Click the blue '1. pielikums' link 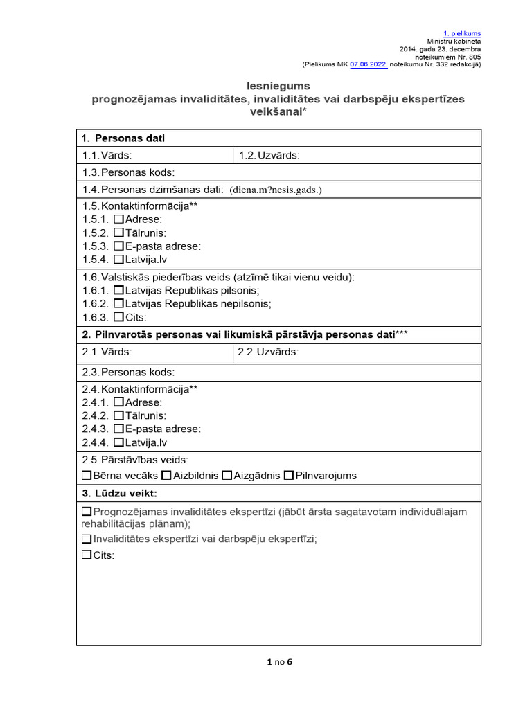pos(462,33)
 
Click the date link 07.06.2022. pos(369,64)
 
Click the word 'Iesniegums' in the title pos(278,86)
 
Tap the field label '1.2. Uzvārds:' pos(269,155)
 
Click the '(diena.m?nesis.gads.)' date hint pos(276,190)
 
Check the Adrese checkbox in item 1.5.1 pos(118,219)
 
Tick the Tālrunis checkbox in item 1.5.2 pos(118,233)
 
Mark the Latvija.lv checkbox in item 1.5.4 pos(118,260)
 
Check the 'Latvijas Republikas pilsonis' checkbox pos(118,291)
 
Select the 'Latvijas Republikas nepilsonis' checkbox pos(118,304)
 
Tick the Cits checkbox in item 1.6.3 pos(118,318)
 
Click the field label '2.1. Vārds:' pos(107,352)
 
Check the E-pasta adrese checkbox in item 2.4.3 pos(118,429)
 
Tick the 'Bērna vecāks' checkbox pos(87,476)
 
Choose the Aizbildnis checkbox pos(166,476)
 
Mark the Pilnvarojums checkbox pos(289,476)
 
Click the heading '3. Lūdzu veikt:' pos(119,494)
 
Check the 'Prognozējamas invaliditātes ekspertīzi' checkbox pos(87,512)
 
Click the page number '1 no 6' pos(280,662)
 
